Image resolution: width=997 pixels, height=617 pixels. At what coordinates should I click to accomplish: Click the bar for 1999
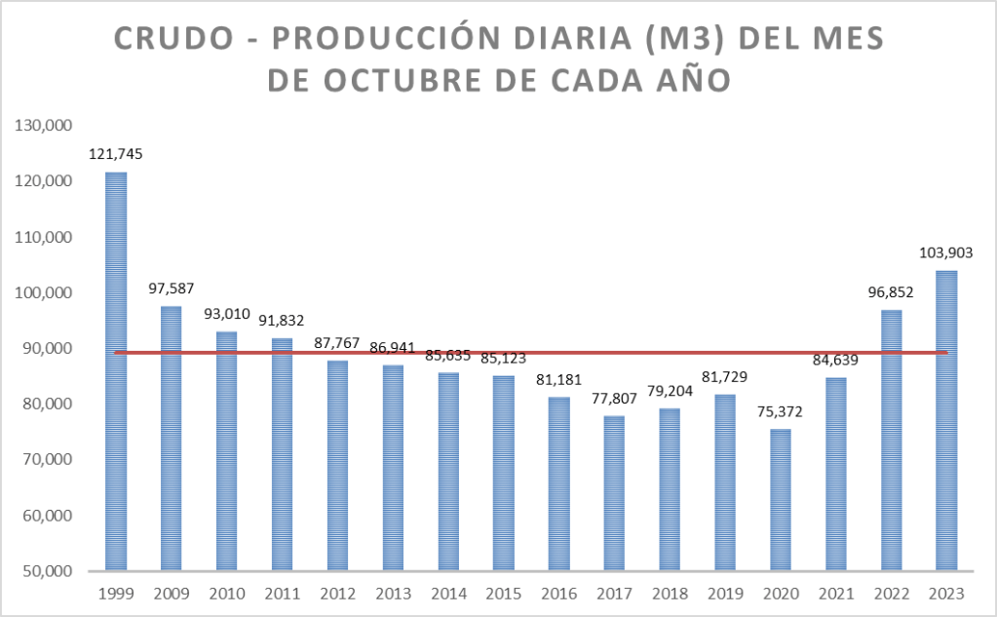(x=116, y=370)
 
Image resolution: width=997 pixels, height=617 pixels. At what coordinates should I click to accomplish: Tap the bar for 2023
(x=946, y=420)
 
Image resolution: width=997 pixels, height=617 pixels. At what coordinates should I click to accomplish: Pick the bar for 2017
(x=615, y=492)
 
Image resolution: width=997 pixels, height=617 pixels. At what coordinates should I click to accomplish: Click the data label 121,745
(x=116, y=153)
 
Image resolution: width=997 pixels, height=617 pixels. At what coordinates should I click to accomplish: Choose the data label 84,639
(x=835, y=359)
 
